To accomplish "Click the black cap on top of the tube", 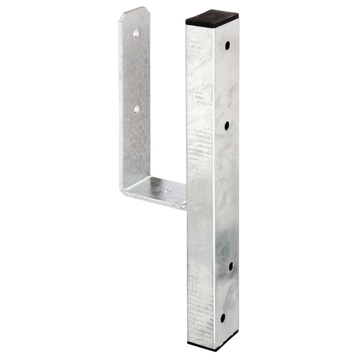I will (x=212, y=18).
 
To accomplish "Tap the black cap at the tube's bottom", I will (x=212, y=344).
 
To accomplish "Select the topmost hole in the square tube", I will (x=227, y=46).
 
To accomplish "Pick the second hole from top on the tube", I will (x=227, y=125).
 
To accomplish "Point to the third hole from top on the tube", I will (x=230, y=265).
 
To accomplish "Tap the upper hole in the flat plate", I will (x=136, y=34).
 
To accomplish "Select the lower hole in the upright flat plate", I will (x=137, y=110).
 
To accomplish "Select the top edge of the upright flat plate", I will (x=134, y=10).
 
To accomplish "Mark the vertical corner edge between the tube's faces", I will (x=214, y=180).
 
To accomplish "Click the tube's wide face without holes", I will (x=200, y=180).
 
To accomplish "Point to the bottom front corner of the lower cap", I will (x=214, y=350).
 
